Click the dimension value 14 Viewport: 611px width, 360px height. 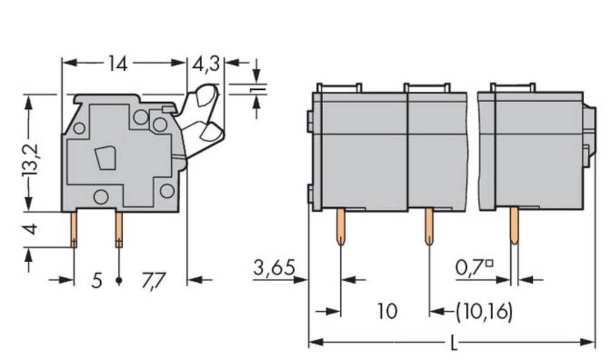117,63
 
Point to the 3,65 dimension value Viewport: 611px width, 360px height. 274,267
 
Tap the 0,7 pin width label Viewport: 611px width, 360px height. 474,267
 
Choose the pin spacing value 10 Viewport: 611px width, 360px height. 387,311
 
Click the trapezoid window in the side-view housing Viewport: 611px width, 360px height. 105,158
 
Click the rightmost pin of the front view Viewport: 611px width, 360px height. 514,226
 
